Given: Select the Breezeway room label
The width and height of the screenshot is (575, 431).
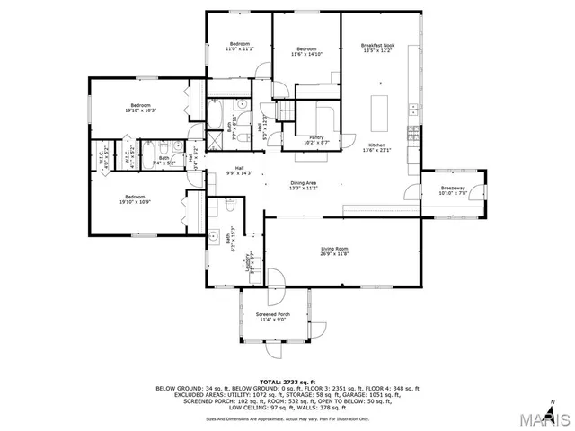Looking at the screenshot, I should (452, 190).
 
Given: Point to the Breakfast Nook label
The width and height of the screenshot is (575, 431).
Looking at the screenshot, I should (378, 48).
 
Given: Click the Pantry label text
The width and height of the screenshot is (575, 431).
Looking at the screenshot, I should (315, 139).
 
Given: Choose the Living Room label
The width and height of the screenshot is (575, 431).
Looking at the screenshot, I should (335, 251).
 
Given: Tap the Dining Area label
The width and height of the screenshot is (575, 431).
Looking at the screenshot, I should (303, 186).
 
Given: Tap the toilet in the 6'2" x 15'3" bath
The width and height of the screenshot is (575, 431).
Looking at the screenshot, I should (230, 207).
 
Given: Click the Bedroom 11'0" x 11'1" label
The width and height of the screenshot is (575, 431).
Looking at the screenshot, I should (239, 46).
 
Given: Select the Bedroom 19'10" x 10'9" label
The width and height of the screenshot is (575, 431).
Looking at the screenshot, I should (135, 199).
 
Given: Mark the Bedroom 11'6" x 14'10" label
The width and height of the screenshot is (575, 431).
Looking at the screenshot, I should (306, 51).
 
